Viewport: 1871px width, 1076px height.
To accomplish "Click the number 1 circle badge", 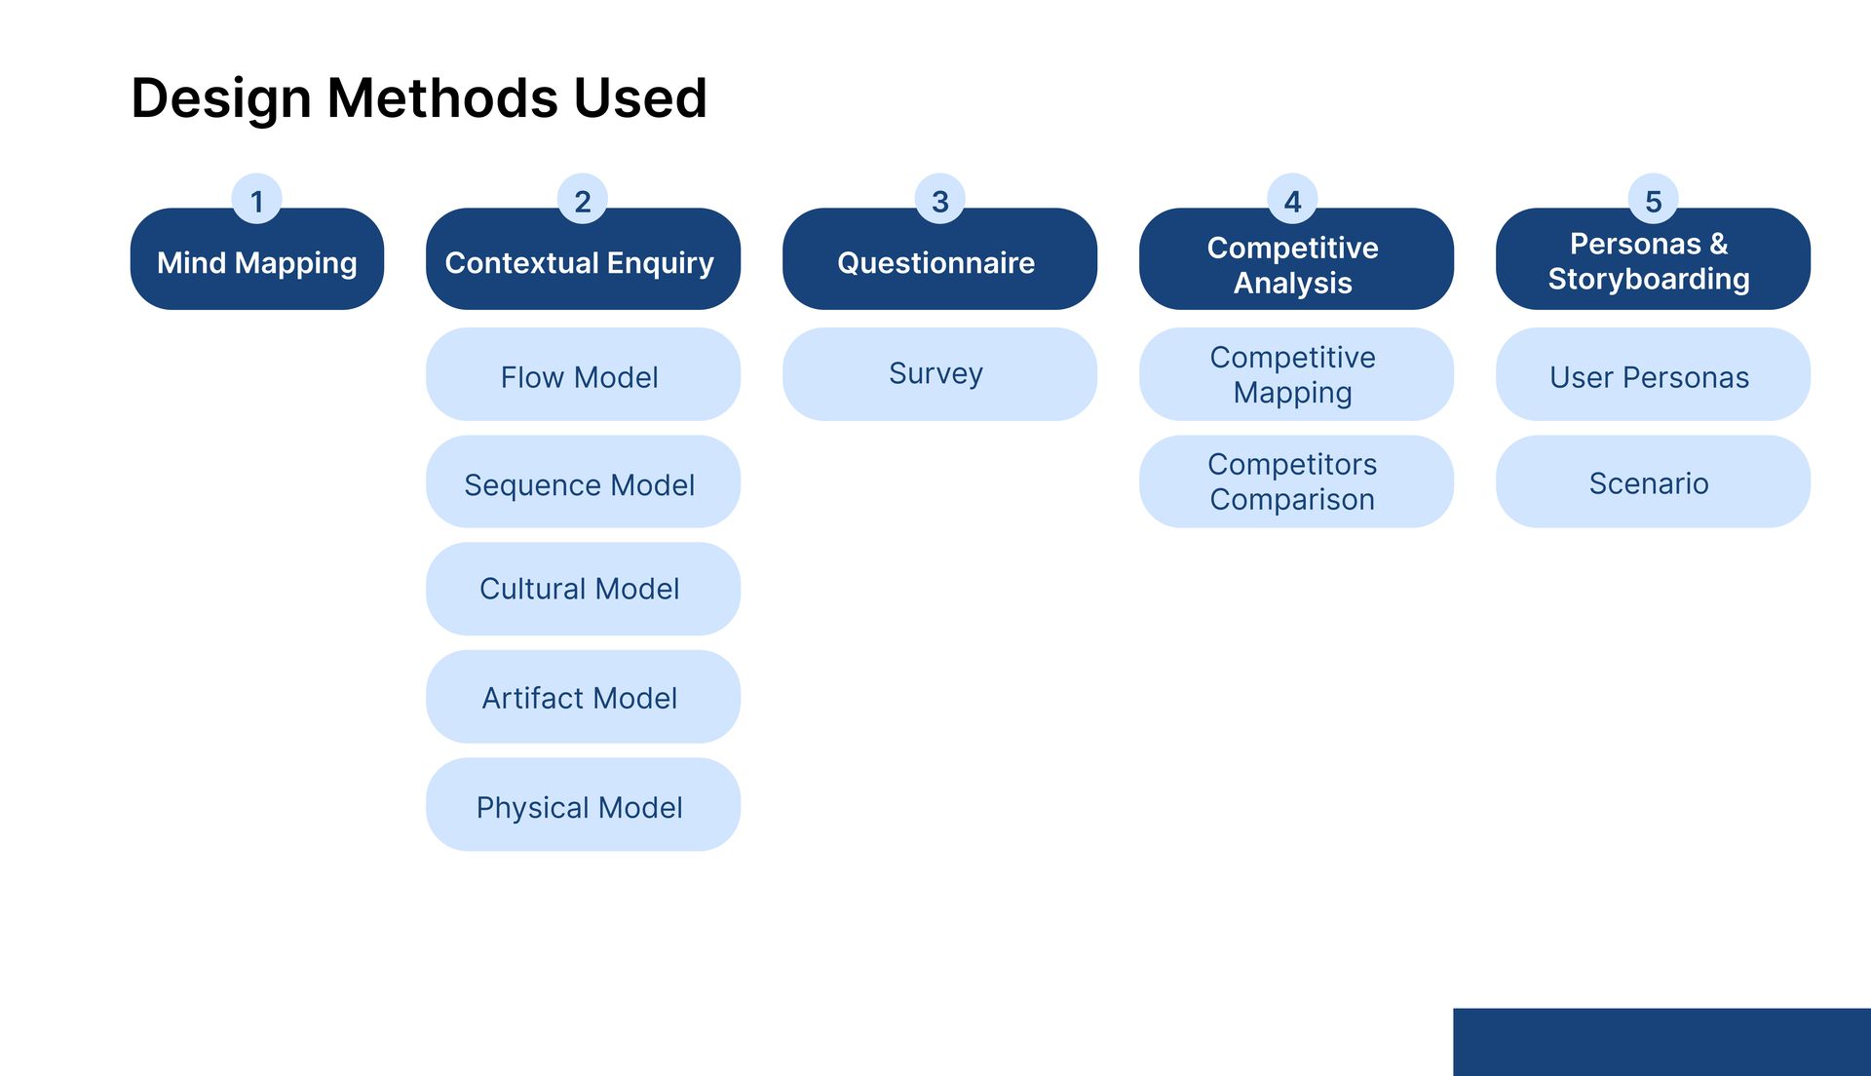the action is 256,200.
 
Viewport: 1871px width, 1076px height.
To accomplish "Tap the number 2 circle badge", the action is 583,200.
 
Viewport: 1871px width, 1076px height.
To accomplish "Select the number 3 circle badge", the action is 940,200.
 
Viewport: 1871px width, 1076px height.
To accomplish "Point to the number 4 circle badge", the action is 1293,200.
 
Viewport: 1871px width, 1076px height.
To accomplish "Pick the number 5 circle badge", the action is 1654,200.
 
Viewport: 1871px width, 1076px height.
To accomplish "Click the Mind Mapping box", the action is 257,259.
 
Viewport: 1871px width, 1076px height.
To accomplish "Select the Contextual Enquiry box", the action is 583,259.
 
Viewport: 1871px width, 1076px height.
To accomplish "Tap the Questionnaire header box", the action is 939,259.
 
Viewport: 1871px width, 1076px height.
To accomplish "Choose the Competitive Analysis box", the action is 1296,259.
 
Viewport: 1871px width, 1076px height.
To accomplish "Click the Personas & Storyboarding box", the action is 1653,259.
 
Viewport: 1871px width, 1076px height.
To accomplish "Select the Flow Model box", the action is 583,374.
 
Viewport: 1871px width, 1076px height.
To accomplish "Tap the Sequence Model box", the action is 583,481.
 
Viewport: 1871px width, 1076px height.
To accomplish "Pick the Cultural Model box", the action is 583,589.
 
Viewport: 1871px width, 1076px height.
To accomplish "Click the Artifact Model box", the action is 583,697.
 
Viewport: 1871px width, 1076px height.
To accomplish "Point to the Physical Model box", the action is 583,804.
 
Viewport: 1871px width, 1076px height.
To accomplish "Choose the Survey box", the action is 939,374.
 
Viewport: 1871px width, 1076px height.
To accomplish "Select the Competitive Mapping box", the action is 1296,374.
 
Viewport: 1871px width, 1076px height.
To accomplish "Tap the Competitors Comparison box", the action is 1296,481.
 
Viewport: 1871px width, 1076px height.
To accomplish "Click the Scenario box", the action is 1653,481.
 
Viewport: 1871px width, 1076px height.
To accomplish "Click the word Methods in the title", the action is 442,98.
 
